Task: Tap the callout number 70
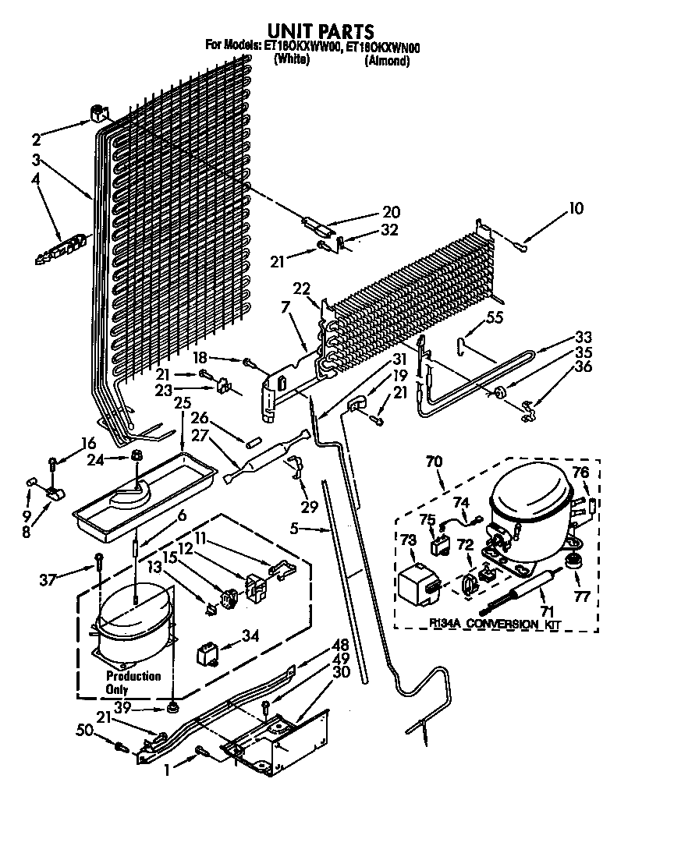point(434,462)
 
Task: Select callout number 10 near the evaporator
point(576,208)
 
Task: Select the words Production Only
point(133,682)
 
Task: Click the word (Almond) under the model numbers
point(387,61)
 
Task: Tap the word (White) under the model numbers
point(293,61)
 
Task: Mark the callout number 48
point(340,644)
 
